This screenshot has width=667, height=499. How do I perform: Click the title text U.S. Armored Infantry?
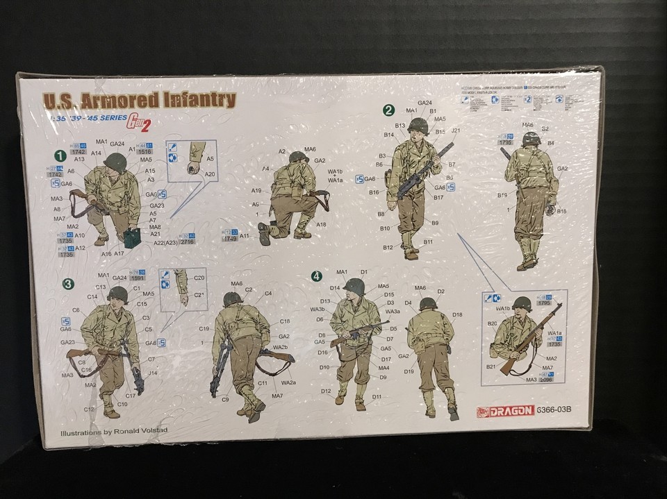(x=139, y=100)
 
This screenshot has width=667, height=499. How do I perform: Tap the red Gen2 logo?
(x=139, y=122)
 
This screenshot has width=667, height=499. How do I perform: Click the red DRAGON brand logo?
(x=505, y=411)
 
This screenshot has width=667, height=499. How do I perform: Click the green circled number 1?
(x=60, y=155)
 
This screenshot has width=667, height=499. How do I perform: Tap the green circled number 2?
(x=389, y=110)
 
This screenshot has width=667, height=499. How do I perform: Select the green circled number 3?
(x=68, y=283)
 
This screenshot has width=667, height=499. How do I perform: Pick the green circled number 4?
(x=317, y=276)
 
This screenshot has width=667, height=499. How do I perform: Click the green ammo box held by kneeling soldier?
(x=132, y=237)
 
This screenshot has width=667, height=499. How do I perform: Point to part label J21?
(x=456, y=130)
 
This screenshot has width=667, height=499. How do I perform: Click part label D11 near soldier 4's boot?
(x=376, y=397)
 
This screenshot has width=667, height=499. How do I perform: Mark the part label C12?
(x=89, y=409)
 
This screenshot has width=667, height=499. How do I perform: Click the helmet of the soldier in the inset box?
(x=522, y=303)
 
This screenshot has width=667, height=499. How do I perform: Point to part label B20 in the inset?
(x=492, y=323)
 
